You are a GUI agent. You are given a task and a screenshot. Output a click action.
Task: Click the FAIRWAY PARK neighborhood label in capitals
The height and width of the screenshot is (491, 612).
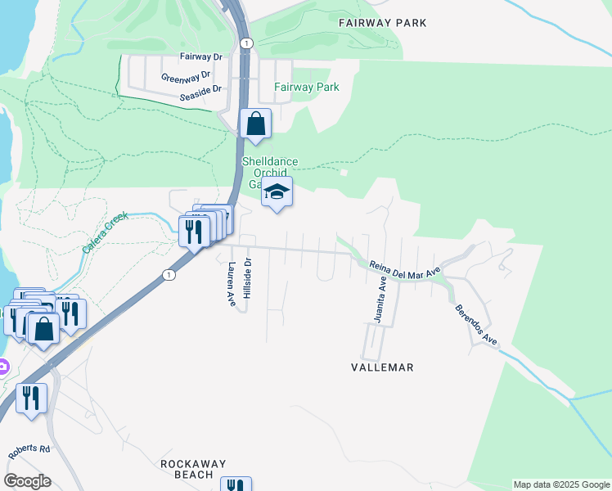383,23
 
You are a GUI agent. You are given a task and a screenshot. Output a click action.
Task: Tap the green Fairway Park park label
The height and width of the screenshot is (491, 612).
307,87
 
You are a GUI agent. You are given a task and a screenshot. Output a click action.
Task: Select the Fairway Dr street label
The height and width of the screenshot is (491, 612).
201,57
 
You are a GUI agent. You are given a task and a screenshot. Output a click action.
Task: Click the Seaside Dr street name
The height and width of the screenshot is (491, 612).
201,98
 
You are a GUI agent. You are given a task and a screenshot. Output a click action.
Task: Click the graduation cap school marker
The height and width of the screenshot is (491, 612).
277,194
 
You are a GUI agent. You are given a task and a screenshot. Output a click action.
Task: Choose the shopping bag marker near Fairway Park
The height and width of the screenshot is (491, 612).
256,125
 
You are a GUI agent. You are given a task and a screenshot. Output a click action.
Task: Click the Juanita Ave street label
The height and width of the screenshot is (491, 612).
381,300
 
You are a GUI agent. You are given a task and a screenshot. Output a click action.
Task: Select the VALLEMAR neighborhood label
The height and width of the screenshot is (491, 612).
381,368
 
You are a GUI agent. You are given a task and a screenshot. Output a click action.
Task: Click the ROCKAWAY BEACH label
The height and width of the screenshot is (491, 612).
193,469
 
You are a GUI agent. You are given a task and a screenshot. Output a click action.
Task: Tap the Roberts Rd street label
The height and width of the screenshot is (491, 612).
30,453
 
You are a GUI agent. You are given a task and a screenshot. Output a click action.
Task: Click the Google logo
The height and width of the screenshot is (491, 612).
26,480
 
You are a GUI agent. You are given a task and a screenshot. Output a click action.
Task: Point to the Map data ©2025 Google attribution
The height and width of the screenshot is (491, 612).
561,484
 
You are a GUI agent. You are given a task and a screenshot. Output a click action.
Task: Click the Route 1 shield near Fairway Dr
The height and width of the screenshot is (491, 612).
246,43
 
